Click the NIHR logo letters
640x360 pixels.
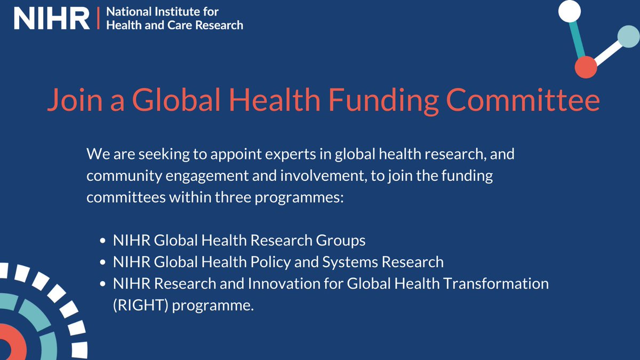pyautogui.click(x=52, y=19)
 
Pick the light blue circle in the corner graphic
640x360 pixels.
pyautogui.click(x=627, y=36)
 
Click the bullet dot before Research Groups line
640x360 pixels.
pyautogui.click(x=103, y=241)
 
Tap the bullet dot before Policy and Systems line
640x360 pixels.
pyautogui.click(x=103, y=262)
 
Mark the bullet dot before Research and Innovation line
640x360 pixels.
pyautogui.click(x=103, y=284)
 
